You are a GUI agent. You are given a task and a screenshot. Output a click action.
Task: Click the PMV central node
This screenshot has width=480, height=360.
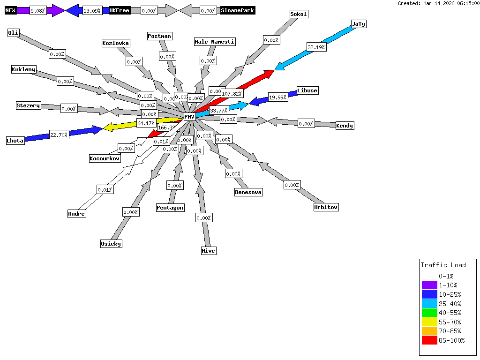click(x=189, y=117)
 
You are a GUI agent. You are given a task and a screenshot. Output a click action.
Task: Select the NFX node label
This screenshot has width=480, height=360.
click(x=10, y=10)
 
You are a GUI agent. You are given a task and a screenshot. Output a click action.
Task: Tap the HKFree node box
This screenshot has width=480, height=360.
click(x=119, y=10)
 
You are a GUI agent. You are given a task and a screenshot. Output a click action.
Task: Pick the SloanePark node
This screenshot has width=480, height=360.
click(x=238, y=10)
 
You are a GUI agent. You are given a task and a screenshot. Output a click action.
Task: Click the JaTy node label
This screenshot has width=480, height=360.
click(x=359, y=24)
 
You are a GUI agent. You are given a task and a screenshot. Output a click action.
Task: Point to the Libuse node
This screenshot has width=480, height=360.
click(x=307, y=90)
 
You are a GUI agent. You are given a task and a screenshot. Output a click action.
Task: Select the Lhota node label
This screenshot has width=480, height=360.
click(x=15, y=141)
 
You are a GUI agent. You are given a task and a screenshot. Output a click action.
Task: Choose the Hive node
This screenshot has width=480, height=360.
click(x=209, y=251)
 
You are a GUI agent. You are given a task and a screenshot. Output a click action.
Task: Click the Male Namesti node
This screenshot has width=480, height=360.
click(x=215, y=42)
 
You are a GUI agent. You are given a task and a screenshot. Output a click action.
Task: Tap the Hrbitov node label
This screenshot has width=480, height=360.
click(x=326, y=207)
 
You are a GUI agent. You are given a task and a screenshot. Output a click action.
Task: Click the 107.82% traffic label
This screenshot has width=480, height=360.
click(x=232, y=94)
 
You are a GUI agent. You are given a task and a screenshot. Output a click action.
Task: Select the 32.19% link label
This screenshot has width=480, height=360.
click(x=316, y=47)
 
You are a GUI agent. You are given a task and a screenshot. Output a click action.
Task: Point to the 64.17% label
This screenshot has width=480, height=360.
click(x=146, y=123)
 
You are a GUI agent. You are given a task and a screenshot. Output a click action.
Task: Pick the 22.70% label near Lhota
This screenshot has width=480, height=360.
click(x=59, y=135)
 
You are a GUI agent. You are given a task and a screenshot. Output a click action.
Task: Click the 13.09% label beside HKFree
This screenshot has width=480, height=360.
click(x=92, y=10)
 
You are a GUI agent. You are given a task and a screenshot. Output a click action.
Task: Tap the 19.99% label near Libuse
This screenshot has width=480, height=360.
click(x=278, y=97)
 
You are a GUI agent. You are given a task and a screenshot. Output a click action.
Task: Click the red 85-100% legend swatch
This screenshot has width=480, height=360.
click(x=429, y=340)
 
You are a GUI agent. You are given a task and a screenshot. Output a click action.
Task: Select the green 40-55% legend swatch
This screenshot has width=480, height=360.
click(x=429, y=313)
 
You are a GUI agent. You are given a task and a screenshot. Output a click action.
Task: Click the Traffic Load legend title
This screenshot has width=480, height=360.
click(x=443, y=265)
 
